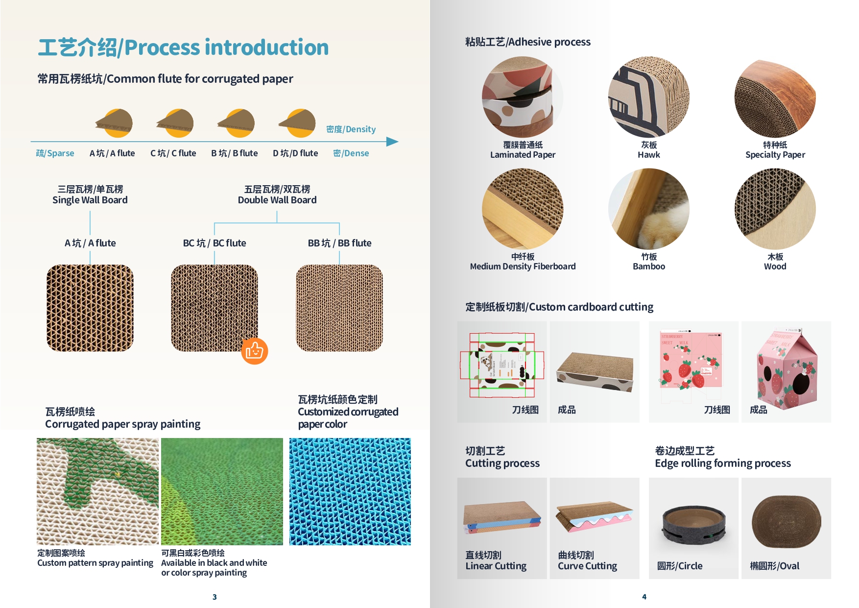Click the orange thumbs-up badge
255,351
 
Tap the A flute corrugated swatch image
90,308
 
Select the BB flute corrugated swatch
339,308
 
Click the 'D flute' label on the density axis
295,153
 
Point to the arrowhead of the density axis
393,142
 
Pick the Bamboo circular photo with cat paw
649,209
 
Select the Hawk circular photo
649,97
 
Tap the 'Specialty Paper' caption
775,155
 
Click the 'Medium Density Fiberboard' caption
523,267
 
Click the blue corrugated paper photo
350,491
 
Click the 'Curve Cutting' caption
587,566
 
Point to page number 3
215,597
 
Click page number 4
644,597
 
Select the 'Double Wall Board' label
277,200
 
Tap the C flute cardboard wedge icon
175,123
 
